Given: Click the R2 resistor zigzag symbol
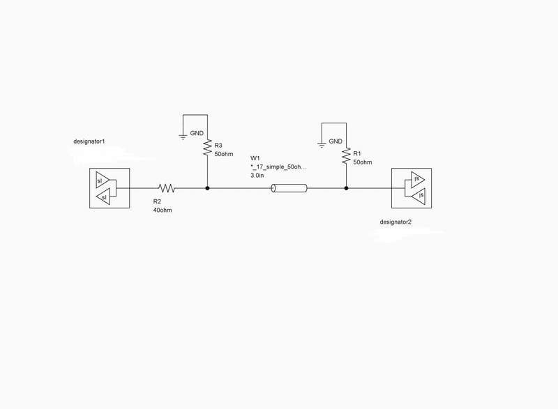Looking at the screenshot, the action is [167, 188].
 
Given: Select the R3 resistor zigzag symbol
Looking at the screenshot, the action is [207, 148].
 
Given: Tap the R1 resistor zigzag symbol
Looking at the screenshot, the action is [346, 156].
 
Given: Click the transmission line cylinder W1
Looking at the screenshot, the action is [289, 188].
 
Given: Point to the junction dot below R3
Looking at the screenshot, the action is [207, 188].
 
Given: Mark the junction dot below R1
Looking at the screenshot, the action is [346, 188].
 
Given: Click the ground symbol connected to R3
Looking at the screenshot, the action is [183, 137].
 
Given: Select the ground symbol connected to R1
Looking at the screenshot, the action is [322, 146].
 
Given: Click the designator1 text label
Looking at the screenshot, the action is [89, 141].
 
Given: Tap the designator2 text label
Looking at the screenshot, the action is [395, 222].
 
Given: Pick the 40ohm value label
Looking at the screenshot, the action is [163, 210].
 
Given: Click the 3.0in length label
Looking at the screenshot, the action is [257, 176].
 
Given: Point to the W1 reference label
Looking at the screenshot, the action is [255, 158].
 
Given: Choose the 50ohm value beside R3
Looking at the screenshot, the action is [224, 154].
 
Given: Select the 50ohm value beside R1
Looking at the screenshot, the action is [363, 162].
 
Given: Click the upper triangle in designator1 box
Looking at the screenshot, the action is [103, 180].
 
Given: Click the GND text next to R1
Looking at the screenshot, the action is [335, 141].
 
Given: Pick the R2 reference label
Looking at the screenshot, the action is [157, 201].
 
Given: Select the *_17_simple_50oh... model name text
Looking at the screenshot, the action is [278, 167].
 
